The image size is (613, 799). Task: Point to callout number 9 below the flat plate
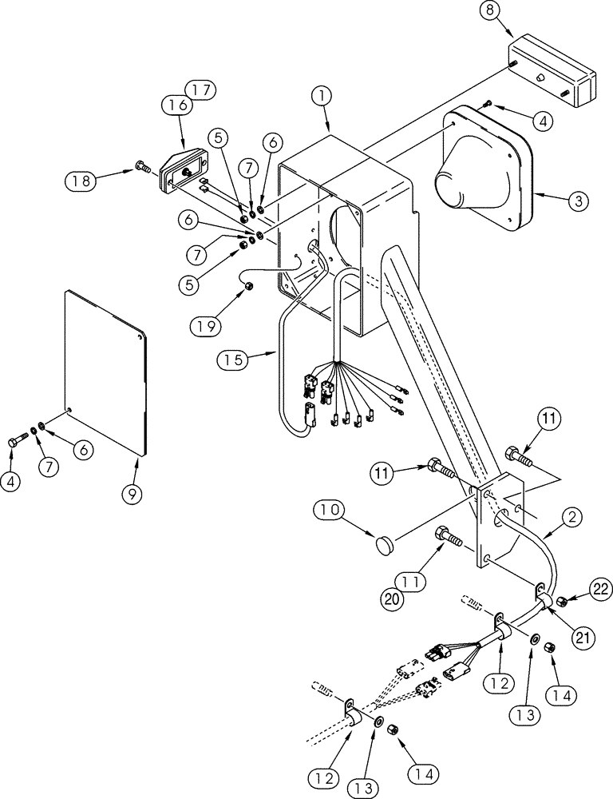(132, 494)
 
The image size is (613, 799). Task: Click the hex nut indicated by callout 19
(248, 285)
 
